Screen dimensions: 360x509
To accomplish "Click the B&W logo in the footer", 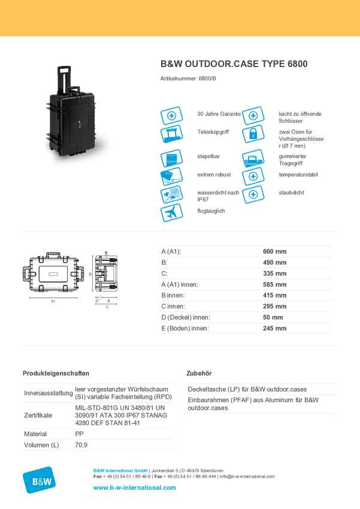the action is click(40, 479).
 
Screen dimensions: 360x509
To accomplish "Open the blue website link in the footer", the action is click(135, 488).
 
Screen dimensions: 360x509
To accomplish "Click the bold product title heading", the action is click(234, 64).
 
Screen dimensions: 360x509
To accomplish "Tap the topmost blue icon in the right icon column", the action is click(253, 114).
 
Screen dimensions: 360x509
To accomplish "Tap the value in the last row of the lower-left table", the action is click(81, 446).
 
